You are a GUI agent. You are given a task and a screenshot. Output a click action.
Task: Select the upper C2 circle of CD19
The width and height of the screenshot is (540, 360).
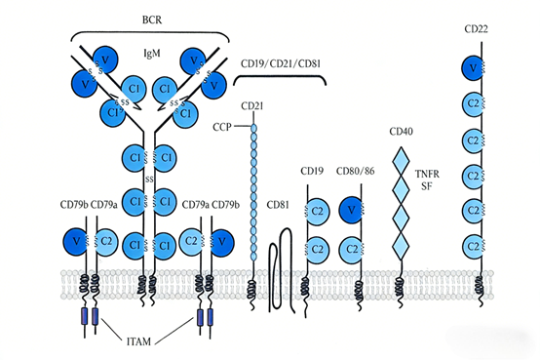point(318,211)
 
